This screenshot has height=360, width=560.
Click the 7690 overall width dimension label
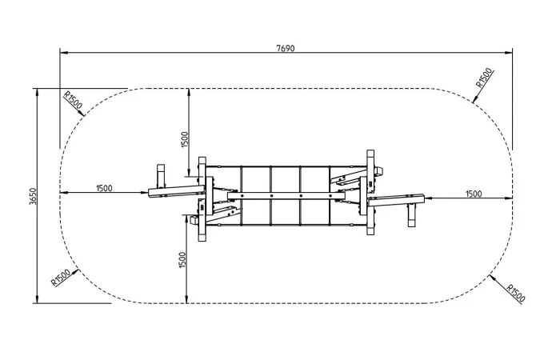286,48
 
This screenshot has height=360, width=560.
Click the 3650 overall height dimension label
33,196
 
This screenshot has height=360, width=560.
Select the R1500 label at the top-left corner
73,100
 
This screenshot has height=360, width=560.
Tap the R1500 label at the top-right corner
484,78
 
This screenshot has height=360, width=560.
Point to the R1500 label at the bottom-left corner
61,278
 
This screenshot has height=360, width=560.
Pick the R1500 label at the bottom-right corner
516,294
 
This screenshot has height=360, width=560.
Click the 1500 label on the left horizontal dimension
104,188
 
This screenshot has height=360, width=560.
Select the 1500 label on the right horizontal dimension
474,194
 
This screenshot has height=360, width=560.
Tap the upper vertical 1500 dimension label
184,139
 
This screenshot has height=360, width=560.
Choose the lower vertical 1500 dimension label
182,260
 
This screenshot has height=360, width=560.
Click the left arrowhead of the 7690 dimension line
63,53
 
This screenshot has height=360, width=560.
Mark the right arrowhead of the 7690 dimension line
509,53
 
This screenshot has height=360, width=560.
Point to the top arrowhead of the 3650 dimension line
37,93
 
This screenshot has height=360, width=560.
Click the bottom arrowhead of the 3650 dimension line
37,299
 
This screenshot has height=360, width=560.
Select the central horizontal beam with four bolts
286,196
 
